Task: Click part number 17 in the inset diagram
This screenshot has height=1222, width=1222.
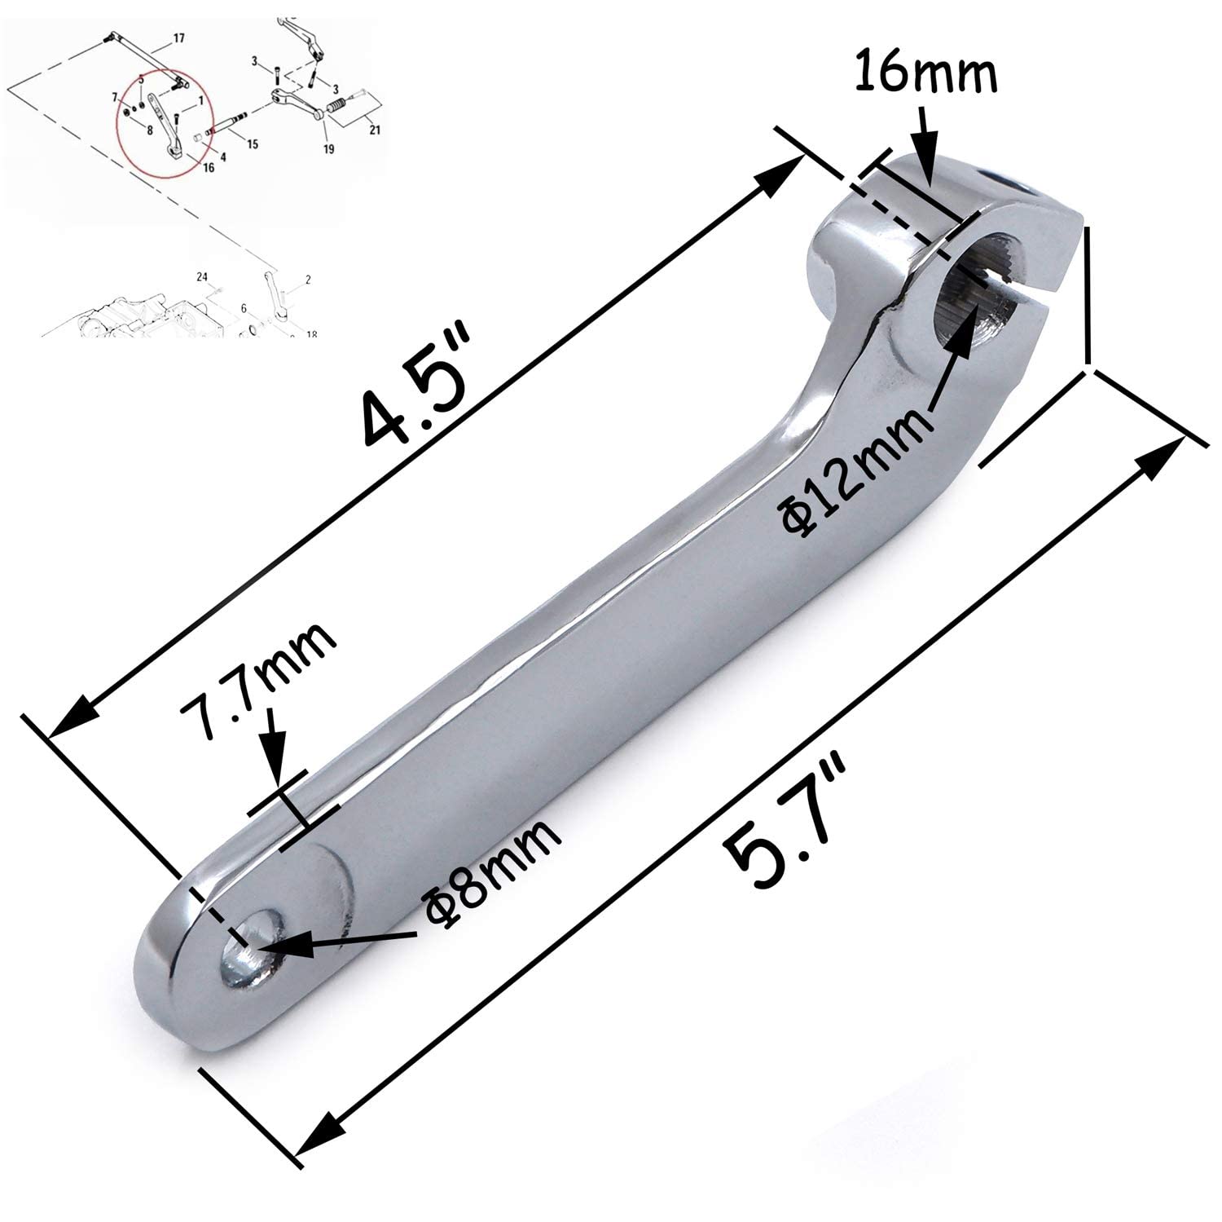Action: [x=178, y=38]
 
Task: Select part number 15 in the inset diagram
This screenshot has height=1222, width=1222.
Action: [x=252, y=144]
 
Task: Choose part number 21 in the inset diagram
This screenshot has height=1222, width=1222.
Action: [x=374, y=129]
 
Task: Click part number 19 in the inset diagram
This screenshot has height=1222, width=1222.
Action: [x=329, y=148]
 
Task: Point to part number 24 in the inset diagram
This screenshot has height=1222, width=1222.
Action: [x=202, y=277]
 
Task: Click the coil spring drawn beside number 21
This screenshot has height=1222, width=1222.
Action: [x=336, y=107]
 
